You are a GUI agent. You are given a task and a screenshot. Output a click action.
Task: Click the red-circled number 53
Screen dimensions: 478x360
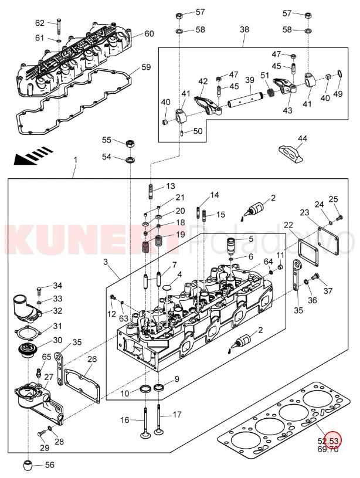pyautogui.click(x=334, y=440)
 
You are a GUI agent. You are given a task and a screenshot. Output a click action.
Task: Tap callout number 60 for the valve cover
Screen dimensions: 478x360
pyautogui.click(x=149, y=33)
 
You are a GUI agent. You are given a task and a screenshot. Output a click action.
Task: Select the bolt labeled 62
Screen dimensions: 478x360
pyautogui.click(x=59, y=25)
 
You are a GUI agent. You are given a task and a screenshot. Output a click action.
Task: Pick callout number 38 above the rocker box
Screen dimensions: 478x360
pyautogui.click(x=244, y=29)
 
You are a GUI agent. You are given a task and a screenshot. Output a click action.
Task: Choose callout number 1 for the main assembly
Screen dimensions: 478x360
pyautogui.click(x=75, y=160)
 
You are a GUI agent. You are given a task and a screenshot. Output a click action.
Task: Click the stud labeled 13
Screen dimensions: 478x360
pyautogui.click(x=151, y=191)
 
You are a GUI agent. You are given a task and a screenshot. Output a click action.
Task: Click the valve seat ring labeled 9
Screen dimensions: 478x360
pyautogui.click(x=158, y=387)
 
